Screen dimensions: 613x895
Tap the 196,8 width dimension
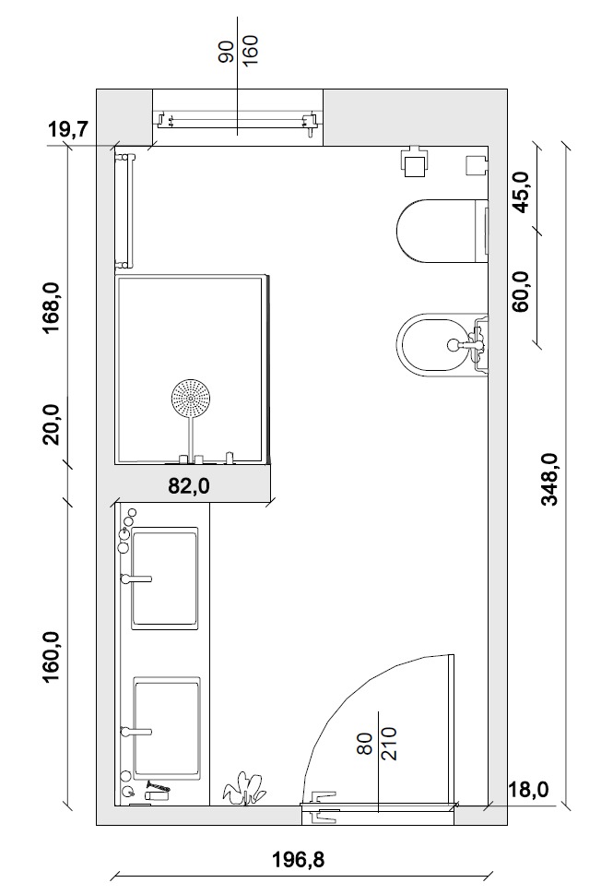point(299,858)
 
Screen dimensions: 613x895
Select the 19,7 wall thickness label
point(67,129)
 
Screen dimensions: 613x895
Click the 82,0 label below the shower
point(189,485)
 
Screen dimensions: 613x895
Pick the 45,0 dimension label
point(521,192)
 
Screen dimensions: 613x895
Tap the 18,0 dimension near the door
point(528,789)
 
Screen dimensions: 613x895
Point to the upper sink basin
point(165,578)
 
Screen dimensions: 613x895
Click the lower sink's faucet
point(136,731)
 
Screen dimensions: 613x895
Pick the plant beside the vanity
point(244,789)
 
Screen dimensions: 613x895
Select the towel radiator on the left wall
point(124,210)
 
